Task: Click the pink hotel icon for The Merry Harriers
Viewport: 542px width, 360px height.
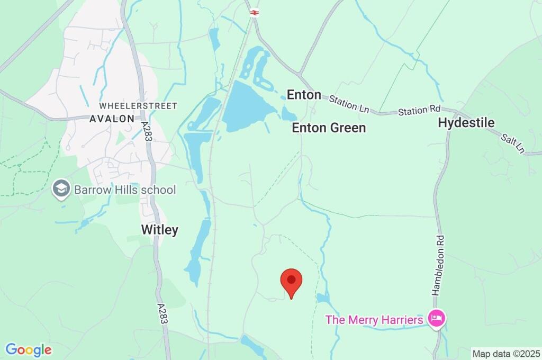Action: (437, 319)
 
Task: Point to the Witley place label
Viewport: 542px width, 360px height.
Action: (159, 230)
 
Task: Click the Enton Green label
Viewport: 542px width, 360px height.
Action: (329, 128)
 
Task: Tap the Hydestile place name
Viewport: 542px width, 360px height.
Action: (466, 123)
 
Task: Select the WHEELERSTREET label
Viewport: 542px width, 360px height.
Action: (138, 106)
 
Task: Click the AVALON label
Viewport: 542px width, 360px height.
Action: (112, 119)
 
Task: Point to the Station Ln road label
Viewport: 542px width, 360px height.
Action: (349, 103)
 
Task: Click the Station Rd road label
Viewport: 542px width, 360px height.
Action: (419, 111)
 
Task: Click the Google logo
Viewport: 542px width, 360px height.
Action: (29, 350)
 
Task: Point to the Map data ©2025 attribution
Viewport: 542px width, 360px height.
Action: (506, 354)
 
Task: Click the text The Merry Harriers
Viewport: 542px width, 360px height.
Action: (374, 320)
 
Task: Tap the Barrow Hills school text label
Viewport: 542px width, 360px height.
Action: (125, 190)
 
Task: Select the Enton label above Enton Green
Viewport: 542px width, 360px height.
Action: (304, 95)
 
